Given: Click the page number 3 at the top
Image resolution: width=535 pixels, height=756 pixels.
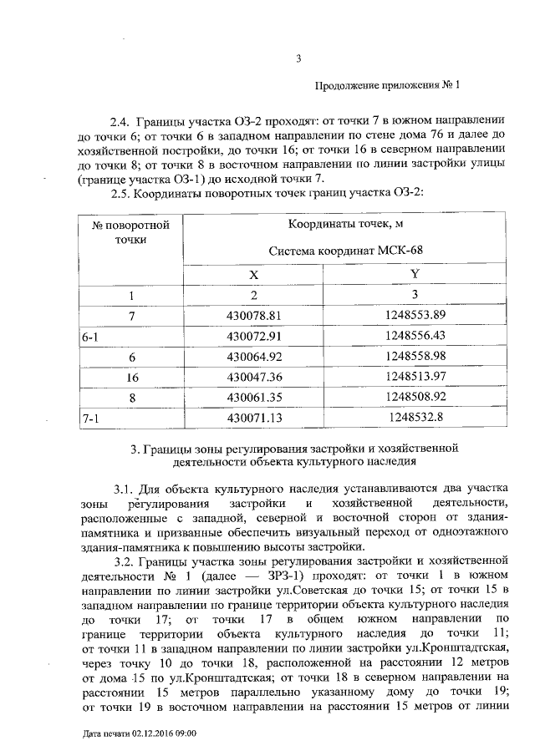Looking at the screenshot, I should [298, 58].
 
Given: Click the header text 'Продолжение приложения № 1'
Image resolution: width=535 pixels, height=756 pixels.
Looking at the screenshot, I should [387, 84].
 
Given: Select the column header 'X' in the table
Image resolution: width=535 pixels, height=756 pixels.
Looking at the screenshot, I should [254, 274].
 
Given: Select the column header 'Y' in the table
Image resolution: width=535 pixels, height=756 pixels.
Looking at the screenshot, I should [415, 274].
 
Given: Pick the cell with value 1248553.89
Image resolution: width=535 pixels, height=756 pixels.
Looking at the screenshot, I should [415, 315].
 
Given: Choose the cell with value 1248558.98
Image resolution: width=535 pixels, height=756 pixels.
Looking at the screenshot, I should [415, 356].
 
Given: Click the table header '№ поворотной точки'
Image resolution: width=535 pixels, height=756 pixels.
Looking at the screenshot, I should [131, 232].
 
